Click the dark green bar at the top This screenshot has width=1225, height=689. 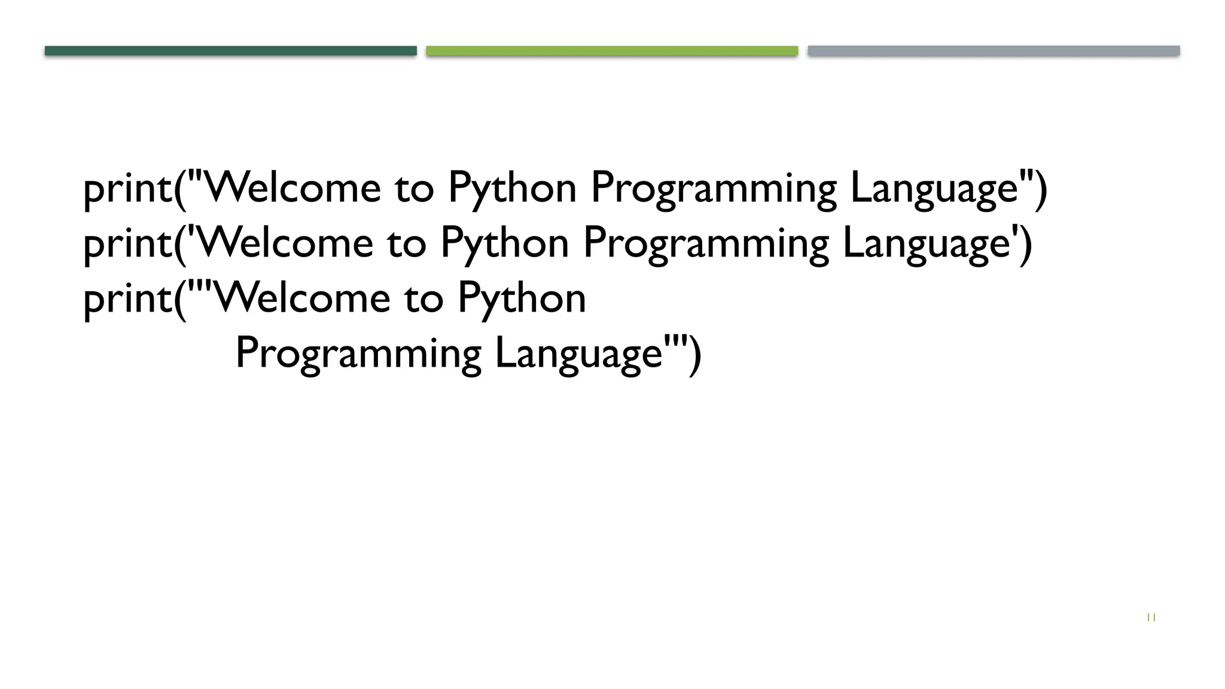coord(230,51)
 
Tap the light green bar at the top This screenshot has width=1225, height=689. coord(612,51)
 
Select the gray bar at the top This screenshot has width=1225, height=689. coord(994,51)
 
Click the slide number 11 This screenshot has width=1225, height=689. coord(1151,618)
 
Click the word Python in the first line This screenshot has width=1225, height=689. coord(512,188)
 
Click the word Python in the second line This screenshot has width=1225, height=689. coord(504,243)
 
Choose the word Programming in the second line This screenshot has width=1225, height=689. coord(706,243)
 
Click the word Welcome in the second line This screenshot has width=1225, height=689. coord(285,242)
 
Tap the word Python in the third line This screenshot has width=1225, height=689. coord(522,298)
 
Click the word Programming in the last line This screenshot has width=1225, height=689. coord(358,353)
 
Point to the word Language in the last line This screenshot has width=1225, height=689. coord(579,353)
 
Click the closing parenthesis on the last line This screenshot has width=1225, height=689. coord(694,355)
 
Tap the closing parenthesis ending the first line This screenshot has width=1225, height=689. coord(1041,189)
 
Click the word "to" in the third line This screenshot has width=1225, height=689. coord(423,298)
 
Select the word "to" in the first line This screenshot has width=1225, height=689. coord(414,188)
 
